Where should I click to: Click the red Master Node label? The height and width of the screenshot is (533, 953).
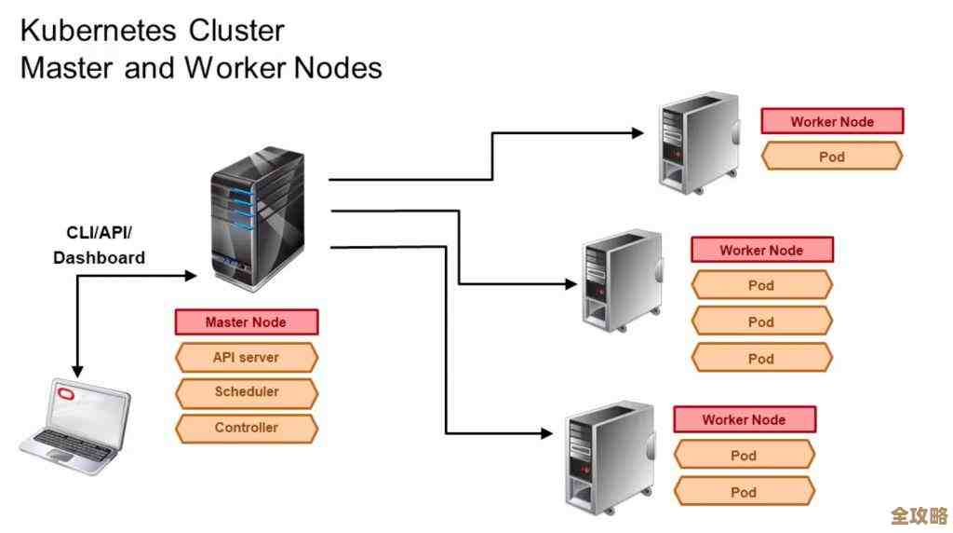247,322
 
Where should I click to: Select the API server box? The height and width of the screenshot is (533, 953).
247,357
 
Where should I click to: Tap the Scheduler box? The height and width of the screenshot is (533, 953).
247,392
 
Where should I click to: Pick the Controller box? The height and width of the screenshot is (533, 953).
247,428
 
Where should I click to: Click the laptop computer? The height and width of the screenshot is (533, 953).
74,424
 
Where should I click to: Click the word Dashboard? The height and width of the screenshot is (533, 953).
99,257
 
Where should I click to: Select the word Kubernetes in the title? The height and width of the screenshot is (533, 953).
96,31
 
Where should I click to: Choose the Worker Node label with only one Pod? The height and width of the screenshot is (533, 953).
831,121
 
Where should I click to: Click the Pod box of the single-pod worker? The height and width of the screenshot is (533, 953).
831,157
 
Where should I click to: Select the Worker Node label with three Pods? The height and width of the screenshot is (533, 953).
761,250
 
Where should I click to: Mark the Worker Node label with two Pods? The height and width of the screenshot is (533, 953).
744,419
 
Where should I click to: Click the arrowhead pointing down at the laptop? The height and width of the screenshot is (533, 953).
76,371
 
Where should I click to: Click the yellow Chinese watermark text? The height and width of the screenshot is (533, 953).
918,515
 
